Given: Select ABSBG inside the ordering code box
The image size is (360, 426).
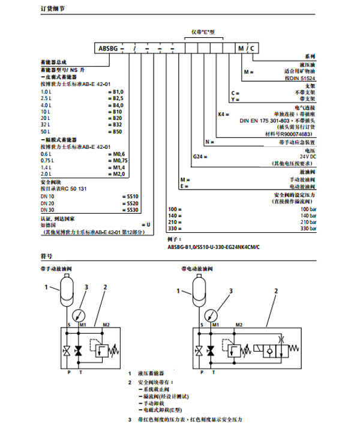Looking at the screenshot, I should [x=107, y=47].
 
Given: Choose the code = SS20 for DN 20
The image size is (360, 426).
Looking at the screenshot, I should [x=129, y=203].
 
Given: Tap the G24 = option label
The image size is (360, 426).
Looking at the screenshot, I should [x=200, y=157].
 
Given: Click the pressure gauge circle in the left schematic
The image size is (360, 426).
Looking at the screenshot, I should [x=77, y=314].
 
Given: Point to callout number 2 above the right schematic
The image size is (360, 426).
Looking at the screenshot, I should [x=275, y=290].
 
